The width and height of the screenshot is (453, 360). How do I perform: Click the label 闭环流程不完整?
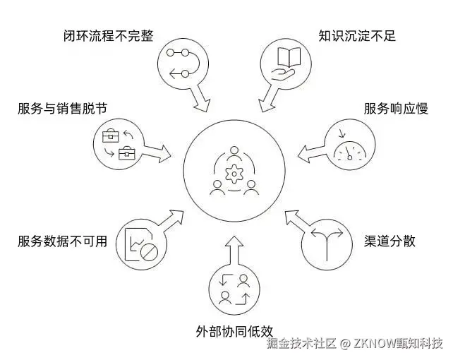coord(108,35)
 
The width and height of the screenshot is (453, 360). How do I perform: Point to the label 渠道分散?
coord(389,241)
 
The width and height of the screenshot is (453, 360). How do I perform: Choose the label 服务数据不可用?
coord(63,241)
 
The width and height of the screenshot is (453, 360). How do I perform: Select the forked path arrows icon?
coord(325,242)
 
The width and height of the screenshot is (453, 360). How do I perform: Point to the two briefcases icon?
coord(118,143)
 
